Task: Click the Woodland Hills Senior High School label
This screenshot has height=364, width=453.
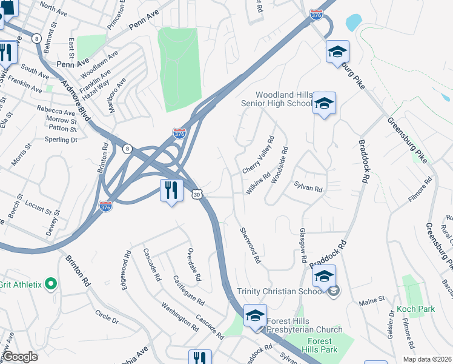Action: click(x=284, y=99)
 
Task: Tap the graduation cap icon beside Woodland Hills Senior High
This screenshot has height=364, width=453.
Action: click(x=324, y=104)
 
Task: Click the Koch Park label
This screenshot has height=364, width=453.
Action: click(x=416, y=309)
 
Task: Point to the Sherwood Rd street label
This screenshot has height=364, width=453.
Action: click(x=250, y=245)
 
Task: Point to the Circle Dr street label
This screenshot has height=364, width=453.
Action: click(x=107, y=317)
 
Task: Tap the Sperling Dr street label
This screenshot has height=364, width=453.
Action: click(x=61, y=140)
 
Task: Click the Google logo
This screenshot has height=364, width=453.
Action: click(x=21, y=357)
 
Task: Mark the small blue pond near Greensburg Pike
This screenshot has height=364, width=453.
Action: click(x=353, y=23)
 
